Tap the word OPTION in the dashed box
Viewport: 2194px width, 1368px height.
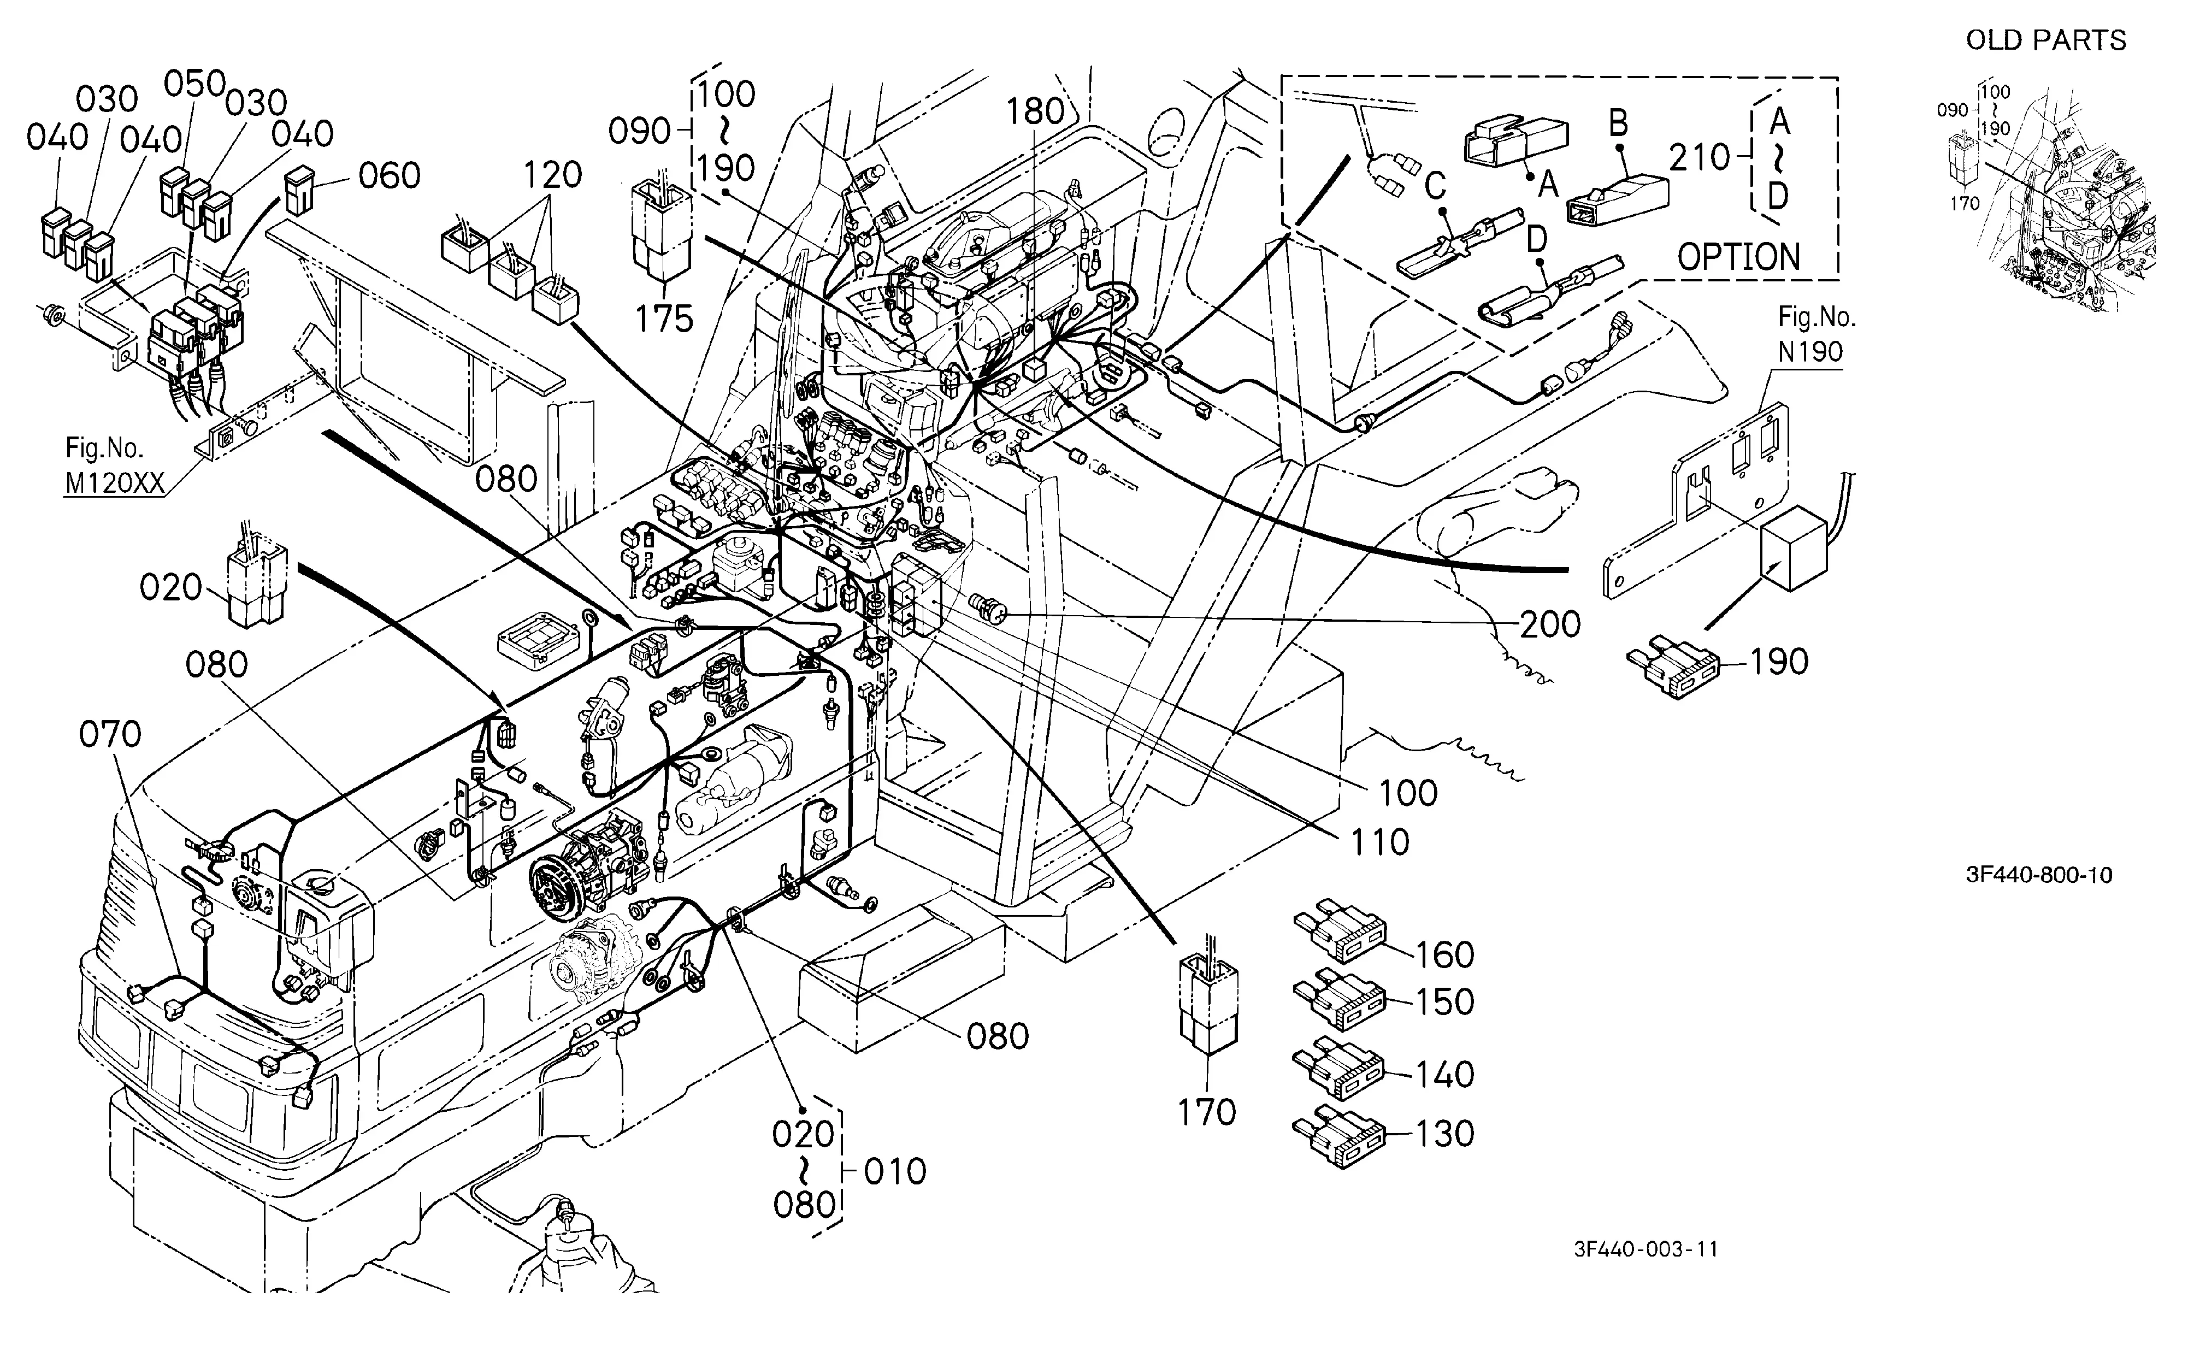tap(1739, 258)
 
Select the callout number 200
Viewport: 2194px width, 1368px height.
tap(1550, 624)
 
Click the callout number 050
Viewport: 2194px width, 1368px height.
tap(194, 83)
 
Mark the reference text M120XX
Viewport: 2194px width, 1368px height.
tap(115, 484)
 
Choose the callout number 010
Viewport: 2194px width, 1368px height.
tap(895, 1172)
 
